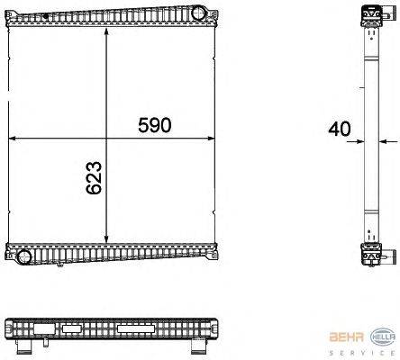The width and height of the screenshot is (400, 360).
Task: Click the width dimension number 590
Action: (155, 125)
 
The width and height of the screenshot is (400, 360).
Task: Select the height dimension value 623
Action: (94, 179)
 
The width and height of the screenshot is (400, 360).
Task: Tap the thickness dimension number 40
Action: (340, 129)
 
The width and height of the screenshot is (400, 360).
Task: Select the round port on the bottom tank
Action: (25, 256)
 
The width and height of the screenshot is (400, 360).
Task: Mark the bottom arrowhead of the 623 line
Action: (108, 242)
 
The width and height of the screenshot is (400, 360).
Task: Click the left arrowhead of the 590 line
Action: (12, 139)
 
